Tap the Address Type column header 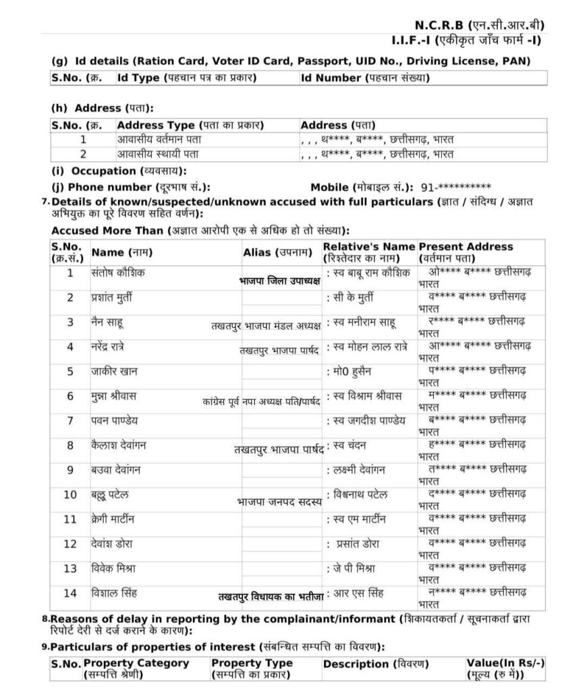[190, 126]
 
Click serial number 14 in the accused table [70, 593]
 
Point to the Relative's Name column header [368, 252]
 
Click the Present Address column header [466, 252]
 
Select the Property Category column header [136, 668]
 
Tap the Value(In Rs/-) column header [505, 668]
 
